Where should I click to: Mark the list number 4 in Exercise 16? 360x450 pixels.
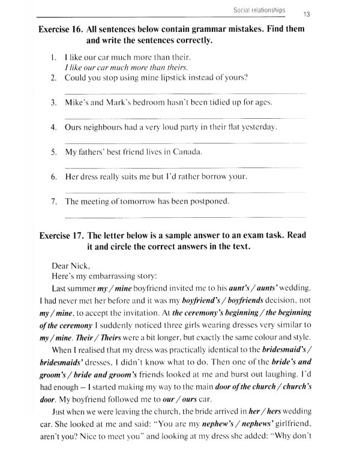(x=53, y=127)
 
